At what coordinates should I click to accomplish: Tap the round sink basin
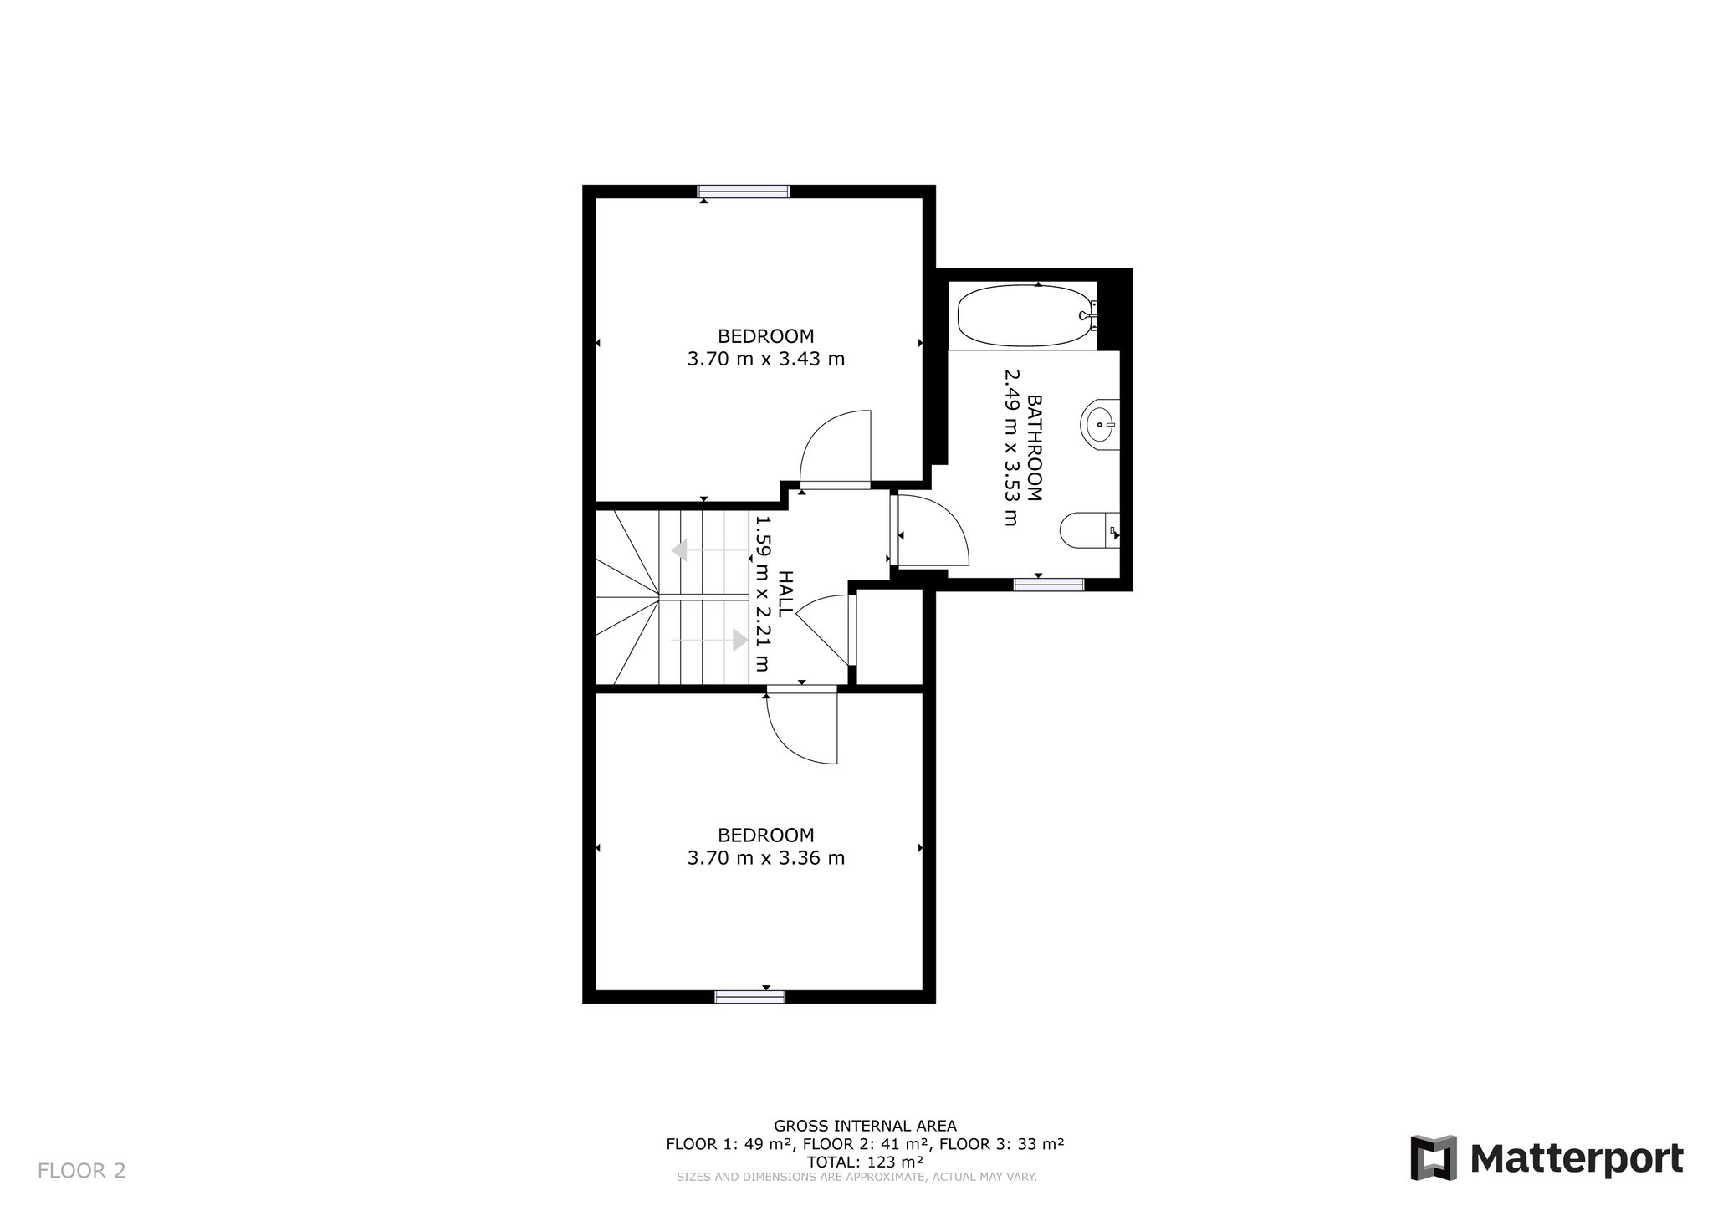pos(1099,425)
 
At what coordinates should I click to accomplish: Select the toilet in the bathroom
pos(1090,530)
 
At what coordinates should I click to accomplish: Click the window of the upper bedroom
pos(744,192)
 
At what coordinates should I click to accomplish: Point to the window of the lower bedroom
pos(750,996)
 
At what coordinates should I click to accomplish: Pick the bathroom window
pos(1049,585)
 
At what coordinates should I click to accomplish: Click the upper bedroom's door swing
pos(836,449)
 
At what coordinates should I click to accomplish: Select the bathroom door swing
pos(930,532)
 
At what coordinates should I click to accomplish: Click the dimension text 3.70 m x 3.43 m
pos(766,360)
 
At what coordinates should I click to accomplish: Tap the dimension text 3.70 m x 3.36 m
pos(766,858)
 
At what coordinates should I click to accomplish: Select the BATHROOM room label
pos(1035,447)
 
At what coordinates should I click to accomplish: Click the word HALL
pos(785,594)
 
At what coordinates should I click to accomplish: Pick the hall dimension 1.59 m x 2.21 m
pos(762,594)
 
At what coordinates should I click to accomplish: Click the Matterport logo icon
pos(1434,1158)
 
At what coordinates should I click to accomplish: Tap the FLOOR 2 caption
pos(82,1170)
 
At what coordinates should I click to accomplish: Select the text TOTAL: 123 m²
pos(865,1162)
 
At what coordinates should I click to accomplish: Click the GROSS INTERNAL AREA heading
pos(865,1126)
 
